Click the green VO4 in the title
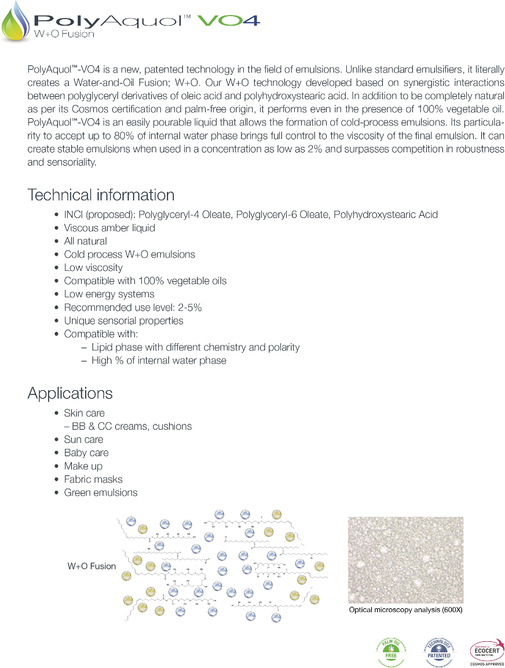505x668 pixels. tap(229, 20)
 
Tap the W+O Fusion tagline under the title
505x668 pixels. tap(64, 34)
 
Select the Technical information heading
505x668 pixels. tap(101, 195)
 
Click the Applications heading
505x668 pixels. tap(70, 393)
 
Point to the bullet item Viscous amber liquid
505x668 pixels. tap(109, 228)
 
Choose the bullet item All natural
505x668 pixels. tap(85, 241)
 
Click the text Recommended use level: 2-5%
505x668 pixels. tap(133, 307)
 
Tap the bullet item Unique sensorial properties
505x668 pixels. tap(124, 320)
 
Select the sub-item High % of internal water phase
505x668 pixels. tap(159, 360)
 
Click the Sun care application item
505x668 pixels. tap(84, 439)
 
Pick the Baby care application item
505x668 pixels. tap(86, 453)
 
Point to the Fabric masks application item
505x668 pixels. tap(93, 479)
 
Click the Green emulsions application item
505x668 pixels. tap(100, 492)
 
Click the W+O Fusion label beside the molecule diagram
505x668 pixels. tap(92, 566)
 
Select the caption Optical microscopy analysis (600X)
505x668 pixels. tap(406, 610)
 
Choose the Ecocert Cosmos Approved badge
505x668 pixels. tap(487, 652)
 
